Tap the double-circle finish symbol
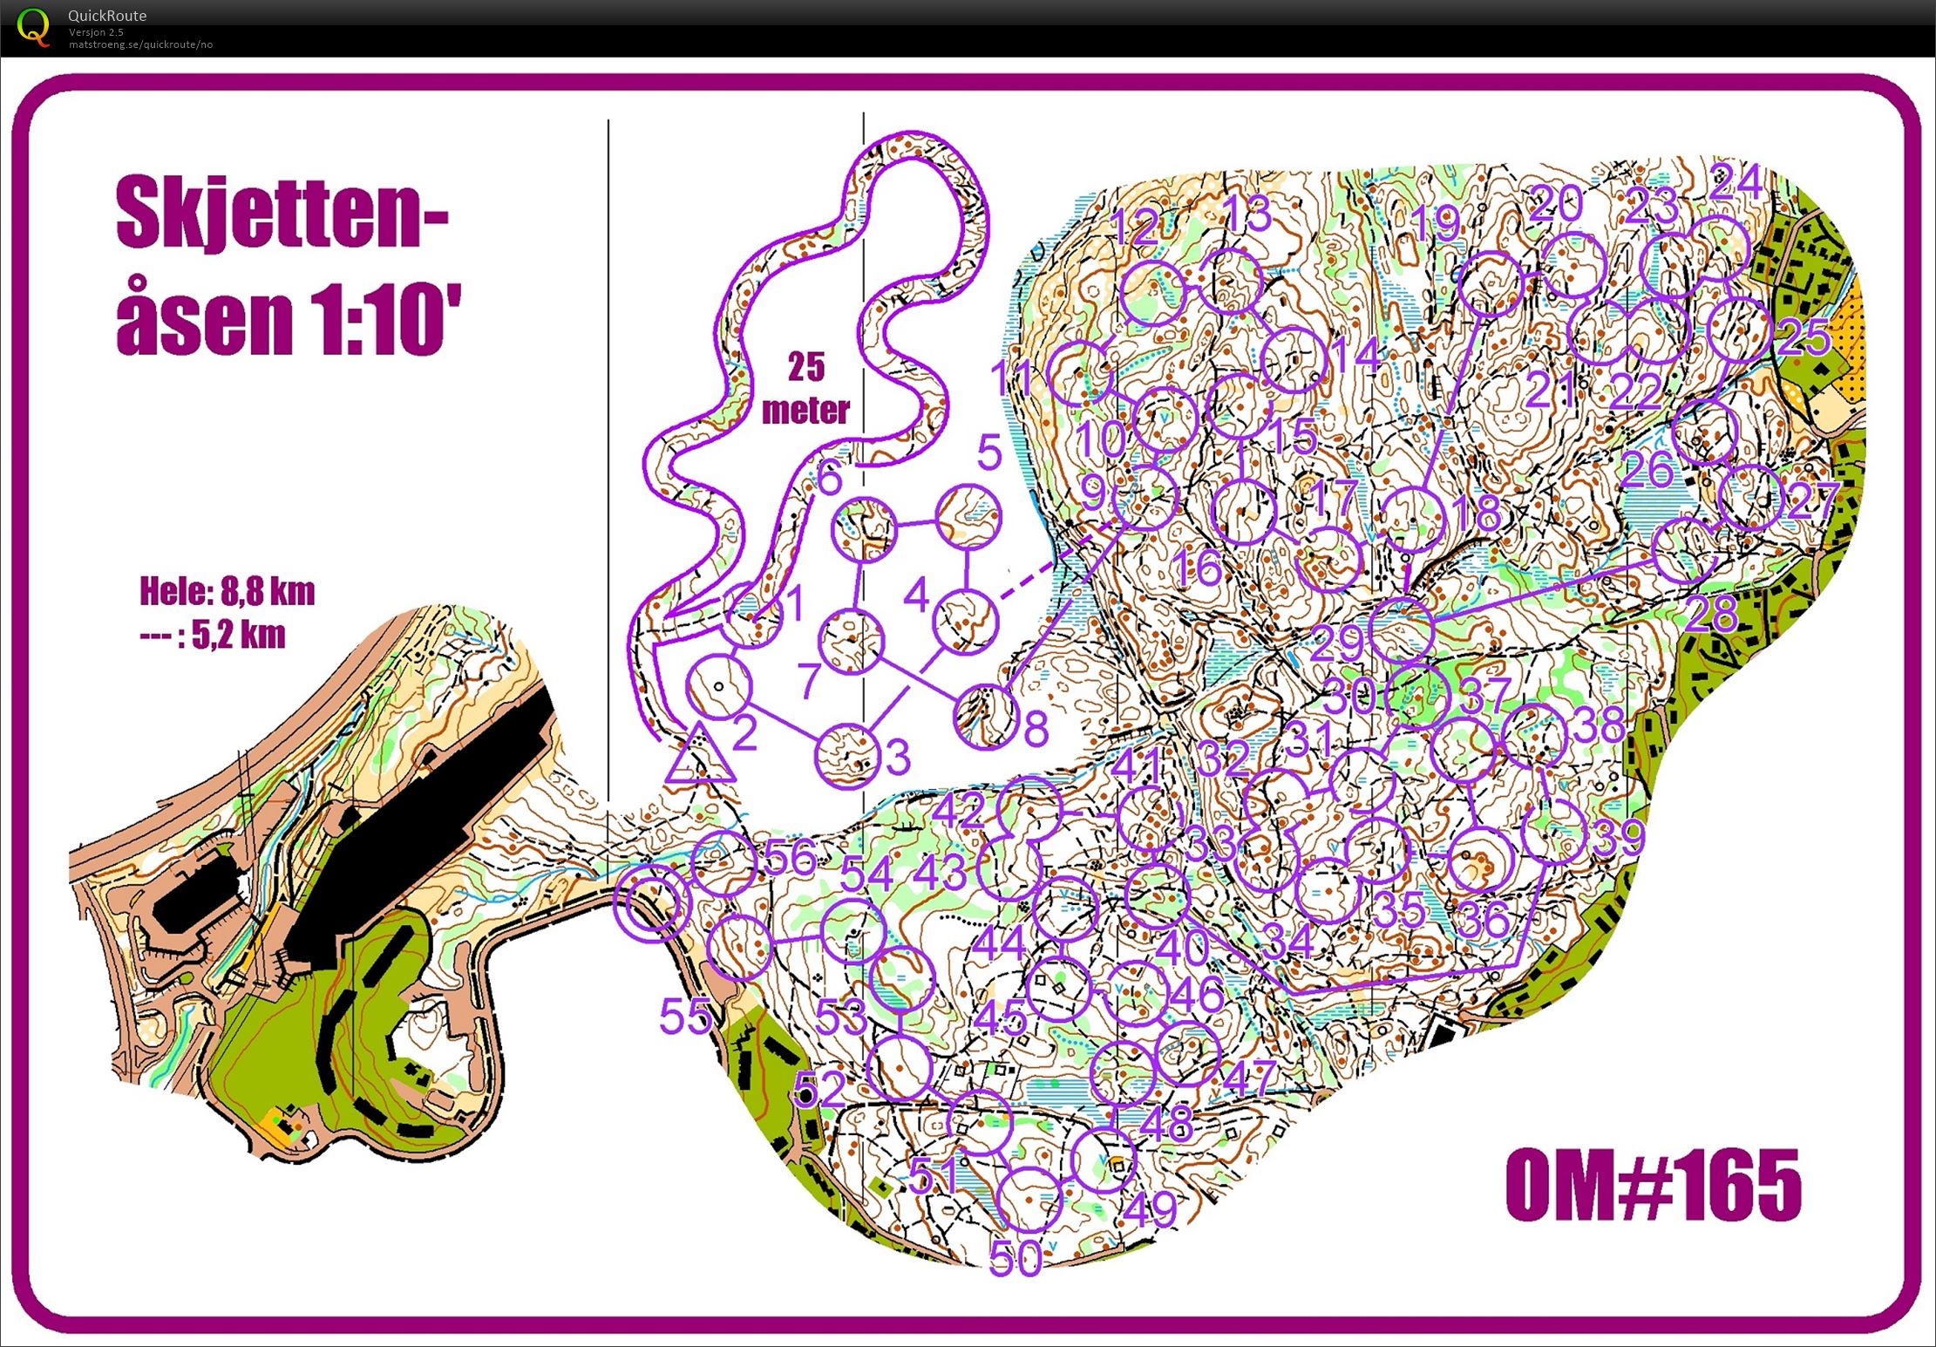[x=651, y=901]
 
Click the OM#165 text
[x=1653, y=1186]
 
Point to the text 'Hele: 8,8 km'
[x=227, y=592]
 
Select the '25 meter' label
[x=805, y=389]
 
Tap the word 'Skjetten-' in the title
[x=282, y=213]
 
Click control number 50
[x=1016, y=1258]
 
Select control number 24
[x=1735, y=183]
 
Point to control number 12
[x=1134, y=228]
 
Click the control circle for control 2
[x=718, y=687]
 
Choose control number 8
[x=1036, y=729]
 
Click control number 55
[x=685, y=1016]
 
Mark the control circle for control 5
[x=968, y=518]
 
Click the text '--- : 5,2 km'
[x=213, y=636]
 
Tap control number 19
[x=1436, y=224]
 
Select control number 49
[x=1151, y=1209]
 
